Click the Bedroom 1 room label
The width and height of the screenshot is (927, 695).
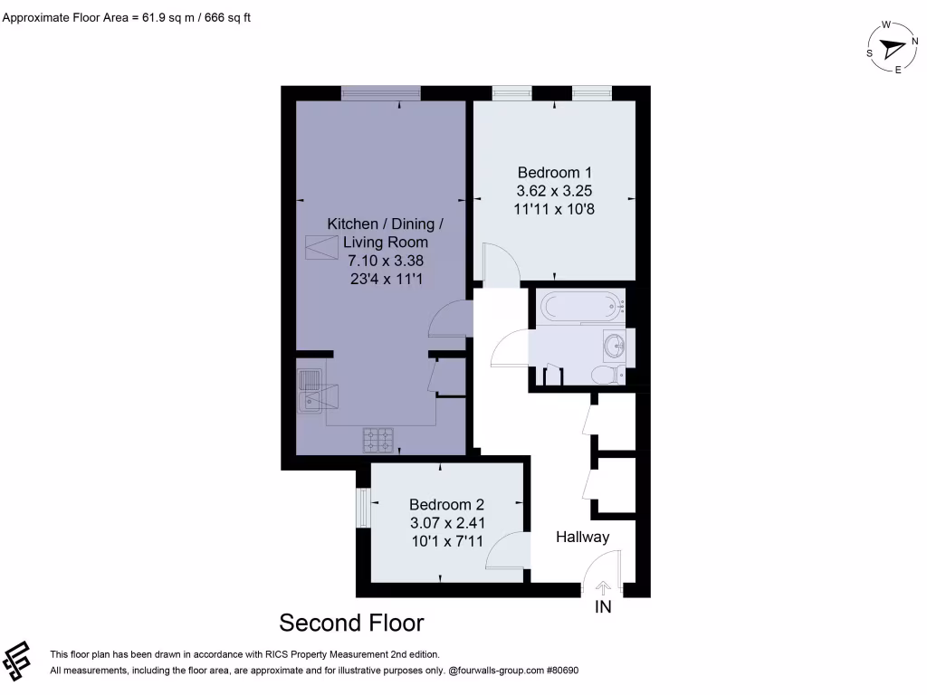(x=554, y=172)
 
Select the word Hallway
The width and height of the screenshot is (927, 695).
(x=582, y=537)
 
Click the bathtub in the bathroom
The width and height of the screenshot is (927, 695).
(x=581, y=306)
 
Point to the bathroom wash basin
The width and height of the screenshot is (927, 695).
(x=616, y=345)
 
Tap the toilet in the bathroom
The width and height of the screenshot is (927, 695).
(x=604, y=375)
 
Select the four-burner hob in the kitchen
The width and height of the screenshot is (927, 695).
(x=379, y=440)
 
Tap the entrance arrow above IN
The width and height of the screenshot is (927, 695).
(x=602, y=587)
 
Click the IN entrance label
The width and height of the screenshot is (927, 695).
(x=603, y=607)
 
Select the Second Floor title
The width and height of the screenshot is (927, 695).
(x=351, y=623)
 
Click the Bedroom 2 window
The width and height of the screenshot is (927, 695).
(x=362, y=507)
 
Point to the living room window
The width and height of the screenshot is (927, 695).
(x=380, y=92)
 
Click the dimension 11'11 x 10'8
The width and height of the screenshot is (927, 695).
(x=554, y=209)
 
